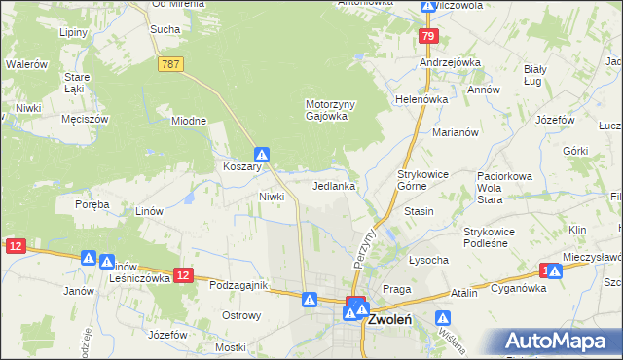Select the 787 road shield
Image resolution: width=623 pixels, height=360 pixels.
pos(170,63)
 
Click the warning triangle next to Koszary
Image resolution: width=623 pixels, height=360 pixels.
pos(262,154)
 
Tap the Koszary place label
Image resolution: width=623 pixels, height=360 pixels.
pos(241,166)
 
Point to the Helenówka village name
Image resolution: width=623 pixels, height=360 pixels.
pos(421,99)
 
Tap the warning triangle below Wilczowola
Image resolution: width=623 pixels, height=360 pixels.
pos(427,6)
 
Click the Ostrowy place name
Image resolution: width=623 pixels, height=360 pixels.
pos(241,315)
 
